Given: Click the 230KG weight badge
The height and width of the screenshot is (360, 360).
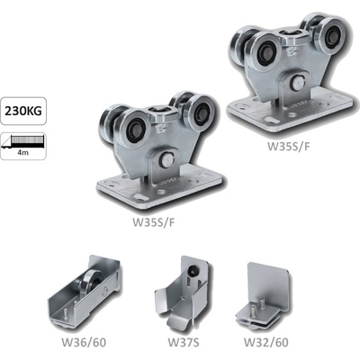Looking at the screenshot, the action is (x=23, y=111).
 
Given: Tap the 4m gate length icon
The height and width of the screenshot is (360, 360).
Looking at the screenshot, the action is (x=23, y=146).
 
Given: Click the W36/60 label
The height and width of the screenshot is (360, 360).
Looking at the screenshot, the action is (x=84, y=342).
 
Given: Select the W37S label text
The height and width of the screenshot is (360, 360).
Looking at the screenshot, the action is (x=184, y=342).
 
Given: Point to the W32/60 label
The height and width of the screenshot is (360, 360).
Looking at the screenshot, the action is (x=266, y=342).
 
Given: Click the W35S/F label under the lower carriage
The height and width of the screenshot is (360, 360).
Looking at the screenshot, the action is (x=154, y=222).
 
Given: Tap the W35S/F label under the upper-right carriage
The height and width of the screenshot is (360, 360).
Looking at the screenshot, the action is (x=289, y=146).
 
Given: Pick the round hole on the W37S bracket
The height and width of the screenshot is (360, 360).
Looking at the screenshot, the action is (x=190, y=272).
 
